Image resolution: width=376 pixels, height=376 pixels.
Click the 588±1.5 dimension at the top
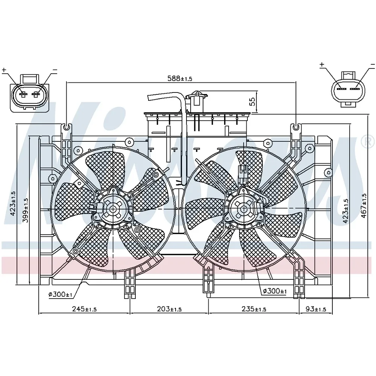tap(180, 78)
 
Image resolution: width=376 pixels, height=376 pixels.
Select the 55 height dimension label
tap(252, 102)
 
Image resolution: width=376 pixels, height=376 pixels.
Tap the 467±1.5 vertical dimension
tap(364, 206)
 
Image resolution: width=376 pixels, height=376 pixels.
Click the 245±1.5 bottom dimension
tap(84, 309)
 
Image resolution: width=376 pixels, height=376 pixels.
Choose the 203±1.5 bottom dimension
tap(169, 309)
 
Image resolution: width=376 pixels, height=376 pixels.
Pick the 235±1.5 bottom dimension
tap(254, 309)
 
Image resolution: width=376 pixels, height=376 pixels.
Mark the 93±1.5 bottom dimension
tap(316, 309)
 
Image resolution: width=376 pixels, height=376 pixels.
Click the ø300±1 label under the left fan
tap(60, 294)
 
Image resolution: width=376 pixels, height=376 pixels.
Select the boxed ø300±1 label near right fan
tap(274, 291)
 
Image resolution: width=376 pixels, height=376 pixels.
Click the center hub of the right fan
tap(244, 209)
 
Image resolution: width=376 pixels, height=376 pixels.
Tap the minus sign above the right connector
tap(372, 65)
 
